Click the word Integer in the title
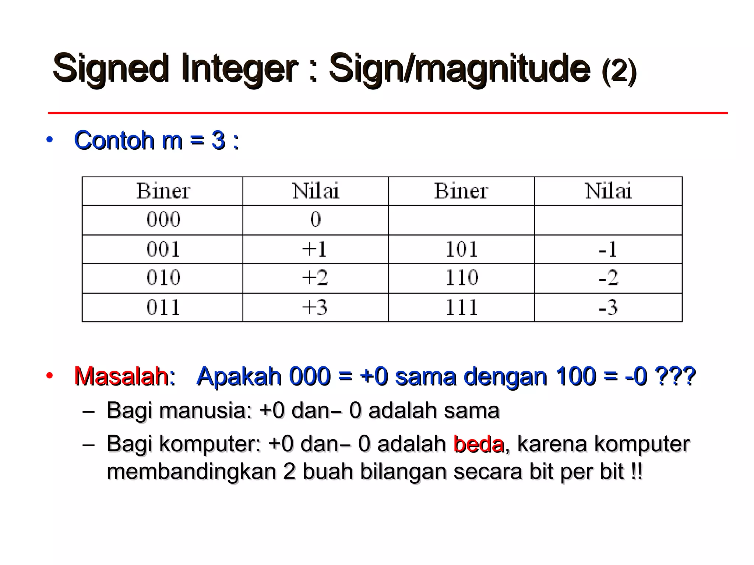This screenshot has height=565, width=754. (239, 69)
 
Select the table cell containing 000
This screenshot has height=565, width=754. (163, 220)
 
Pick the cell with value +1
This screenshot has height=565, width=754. (315, 249)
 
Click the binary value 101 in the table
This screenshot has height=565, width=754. (462, 249)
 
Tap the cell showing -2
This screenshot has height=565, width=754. (608, 278)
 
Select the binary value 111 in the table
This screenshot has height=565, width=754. (462, 307)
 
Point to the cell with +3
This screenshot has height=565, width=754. (315, 307)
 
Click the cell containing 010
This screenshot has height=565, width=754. (163, 278)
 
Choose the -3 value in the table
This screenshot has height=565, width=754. (608, 307)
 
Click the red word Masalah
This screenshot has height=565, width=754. (121, 376)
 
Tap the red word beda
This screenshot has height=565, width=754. (479, 444)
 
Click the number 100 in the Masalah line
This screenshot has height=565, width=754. (575, 376)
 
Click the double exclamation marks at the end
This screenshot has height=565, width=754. (636, 472)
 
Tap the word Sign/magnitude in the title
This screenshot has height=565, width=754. (459, 69)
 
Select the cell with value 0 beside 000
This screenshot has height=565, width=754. (316, 220)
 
